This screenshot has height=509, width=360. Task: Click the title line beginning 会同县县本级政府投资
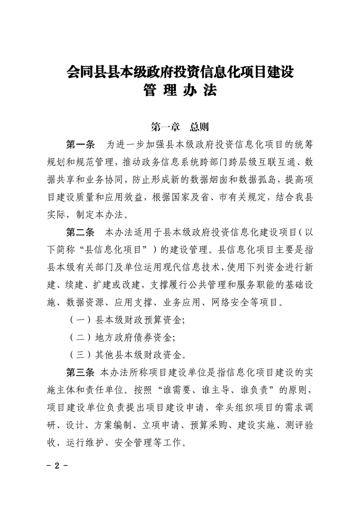click(180, 72)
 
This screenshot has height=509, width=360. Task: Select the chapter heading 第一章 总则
click(179, 127)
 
